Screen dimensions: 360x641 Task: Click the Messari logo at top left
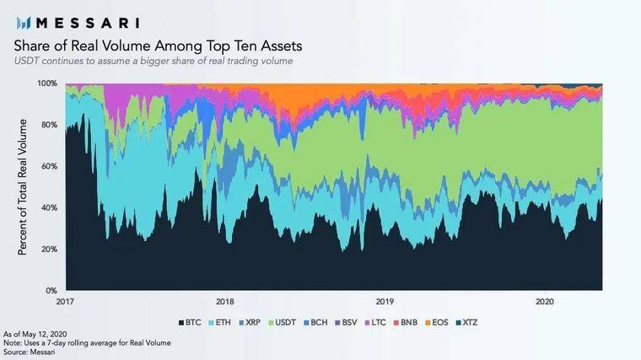77,22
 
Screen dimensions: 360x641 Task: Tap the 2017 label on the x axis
65,301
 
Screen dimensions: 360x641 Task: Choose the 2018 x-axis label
224,301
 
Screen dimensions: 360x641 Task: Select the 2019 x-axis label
385,301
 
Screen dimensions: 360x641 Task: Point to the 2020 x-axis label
544,301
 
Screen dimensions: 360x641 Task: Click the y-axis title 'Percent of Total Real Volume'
23,187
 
